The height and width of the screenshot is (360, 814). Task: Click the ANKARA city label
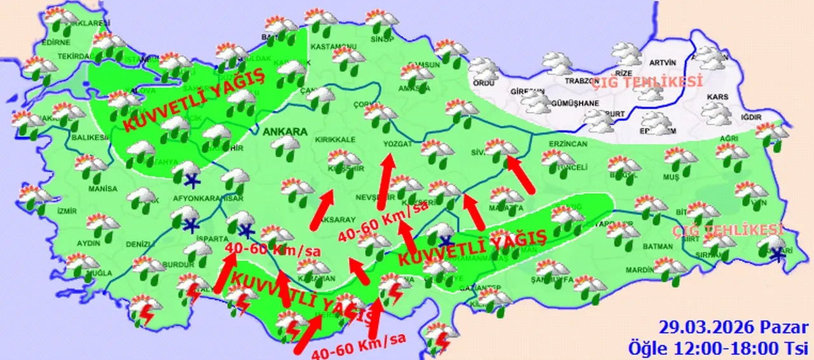(284, 132)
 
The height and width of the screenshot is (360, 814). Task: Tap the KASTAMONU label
(333, 46)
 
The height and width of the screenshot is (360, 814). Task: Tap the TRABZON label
(581, 81)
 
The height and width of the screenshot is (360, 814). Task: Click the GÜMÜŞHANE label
(576, 103)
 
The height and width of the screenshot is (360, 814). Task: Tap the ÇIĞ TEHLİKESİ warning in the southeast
(729, 230)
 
